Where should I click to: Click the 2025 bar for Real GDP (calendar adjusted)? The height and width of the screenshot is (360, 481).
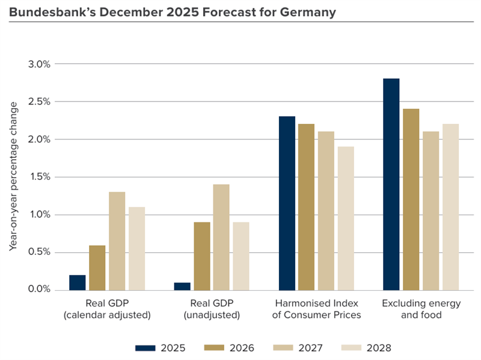[78, 282]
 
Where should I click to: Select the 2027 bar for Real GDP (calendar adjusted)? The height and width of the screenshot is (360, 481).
[117, 241]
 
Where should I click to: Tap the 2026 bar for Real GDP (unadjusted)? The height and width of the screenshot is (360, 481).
[202, 256]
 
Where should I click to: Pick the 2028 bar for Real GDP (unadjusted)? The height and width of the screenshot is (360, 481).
[240, 256]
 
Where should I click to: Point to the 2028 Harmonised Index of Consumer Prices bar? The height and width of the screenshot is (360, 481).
[346, 218]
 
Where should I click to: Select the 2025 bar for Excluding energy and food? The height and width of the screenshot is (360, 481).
[391, 185]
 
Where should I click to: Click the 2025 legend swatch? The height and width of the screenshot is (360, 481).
[145, 347]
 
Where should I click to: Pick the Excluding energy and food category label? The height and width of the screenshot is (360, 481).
[421, 309]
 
